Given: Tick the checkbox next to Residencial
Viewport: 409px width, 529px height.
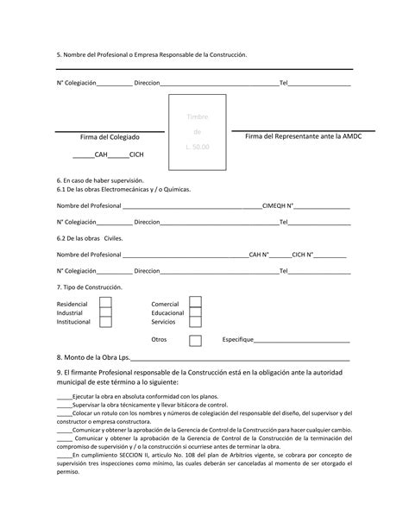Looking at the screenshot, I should point(105,303).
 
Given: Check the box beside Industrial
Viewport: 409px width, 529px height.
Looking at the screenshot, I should point(105,312).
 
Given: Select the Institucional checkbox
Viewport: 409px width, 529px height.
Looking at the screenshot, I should point(105,322).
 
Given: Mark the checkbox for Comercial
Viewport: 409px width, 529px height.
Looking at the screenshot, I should point(195,303).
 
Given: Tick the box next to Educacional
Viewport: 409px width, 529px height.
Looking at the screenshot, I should point(195,312).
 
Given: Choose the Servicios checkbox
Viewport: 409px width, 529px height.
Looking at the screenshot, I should point(195,322).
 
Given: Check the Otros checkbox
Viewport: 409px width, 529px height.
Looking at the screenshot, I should point(195,340).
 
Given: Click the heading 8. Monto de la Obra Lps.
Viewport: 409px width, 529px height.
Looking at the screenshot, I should point(92,357).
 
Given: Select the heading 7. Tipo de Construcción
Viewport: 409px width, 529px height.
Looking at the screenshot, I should point(90,287).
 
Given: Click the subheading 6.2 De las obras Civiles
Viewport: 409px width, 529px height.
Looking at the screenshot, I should point(90,238).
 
